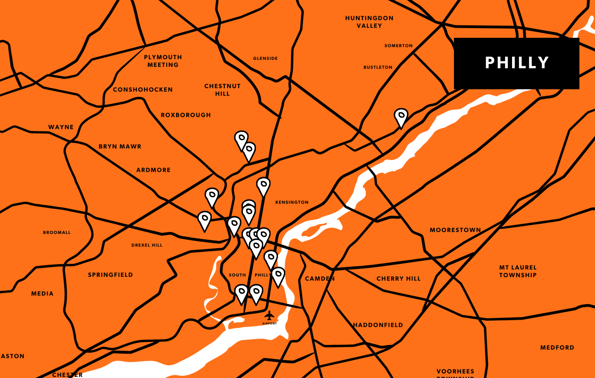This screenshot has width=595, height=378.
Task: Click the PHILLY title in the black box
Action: tap(517, 63)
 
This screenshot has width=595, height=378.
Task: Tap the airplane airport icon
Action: tap(269, 316)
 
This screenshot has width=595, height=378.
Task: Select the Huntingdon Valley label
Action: tap(369, 22)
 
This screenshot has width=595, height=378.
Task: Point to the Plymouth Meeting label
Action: tap(163, 61)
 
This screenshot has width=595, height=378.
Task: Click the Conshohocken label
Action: tap(143, 90)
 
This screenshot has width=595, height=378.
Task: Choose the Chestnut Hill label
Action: tap(222, 90)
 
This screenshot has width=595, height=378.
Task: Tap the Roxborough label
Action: tap(185, 115)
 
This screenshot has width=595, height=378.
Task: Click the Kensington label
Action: tap(292, 202)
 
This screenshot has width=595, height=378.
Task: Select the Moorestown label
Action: tap(455, 230)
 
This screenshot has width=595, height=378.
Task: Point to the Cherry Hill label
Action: tap(398, 279)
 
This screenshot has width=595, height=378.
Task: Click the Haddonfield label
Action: tap(378, 325)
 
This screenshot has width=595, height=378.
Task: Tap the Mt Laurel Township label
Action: tap(518, 271)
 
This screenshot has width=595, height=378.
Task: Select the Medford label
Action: tap(557, 348)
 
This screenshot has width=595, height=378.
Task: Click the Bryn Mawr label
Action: tap(120, 147)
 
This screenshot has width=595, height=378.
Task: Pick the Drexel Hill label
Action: tap(147, 245)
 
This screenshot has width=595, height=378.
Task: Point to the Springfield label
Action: tap(110, 275)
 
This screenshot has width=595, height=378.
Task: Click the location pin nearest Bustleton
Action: tap(401, 117)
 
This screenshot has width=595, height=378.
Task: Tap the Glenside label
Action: tap(265, 58)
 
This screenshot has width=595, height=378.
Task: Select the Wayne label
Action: tap(61, 127)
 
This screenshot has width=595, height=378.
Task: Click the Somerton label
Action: tap(398, 46)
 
